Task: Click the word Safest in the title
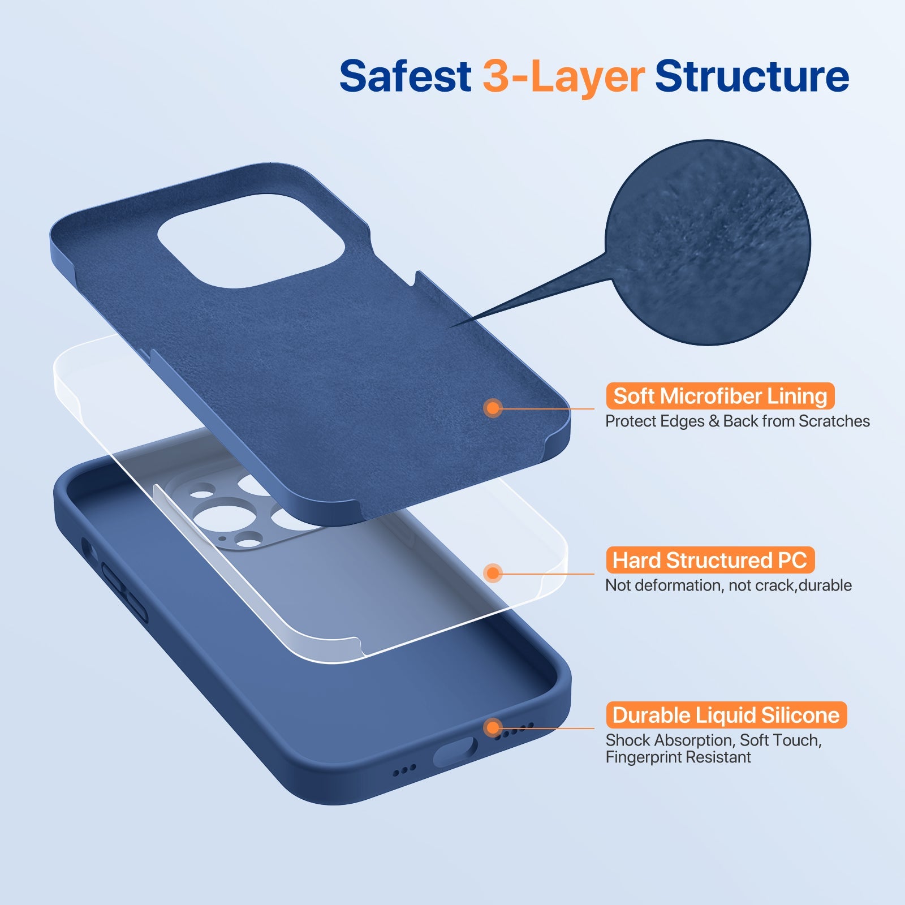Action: pyautogui.click(x=405, y=76)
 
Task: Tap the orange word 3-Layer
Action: pyautogui.click(x=563, y=76)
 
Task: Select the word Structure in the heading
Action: pyautogui.click(x=752, y=76)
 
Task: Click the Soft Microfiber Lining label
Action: pyautogui.click(x=720, y=396)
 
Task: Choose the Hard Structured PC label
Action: pyautogui.click(x=710, y=561)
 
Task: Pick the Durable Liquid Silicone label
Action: pyautogui.click(x=726, y=716)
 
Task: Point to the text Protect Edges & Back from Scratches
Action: pyautogui.click(x=737, y=421)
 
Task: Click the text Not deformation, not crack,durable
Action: pyautogui.click(x=728, y=585)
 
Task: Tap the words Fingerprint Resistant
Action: pyautogui.click(x=678, y=757)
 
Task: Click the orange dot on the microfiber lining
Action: pyautogui.click(x=493, y=408)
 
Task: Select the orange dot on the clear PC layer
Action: pyautogui.click(x=493, y=573)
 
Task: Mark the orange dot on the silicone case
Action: pyautogui.click(x=493, y=727)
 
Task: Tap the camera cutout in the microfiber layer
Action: pyautogui.click(x=251, y=240)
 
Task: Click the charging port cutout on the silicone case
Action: pyautogui.click(x=455, y=752)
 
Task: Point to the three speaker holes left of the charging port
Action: pyautogui.click(x=404, y=770)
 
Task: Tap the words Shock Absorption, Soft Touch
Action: pyautogui.click(x=713, y=740)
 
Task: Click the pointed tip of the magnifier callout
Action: pyautogui.click(x=453, y=327)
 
